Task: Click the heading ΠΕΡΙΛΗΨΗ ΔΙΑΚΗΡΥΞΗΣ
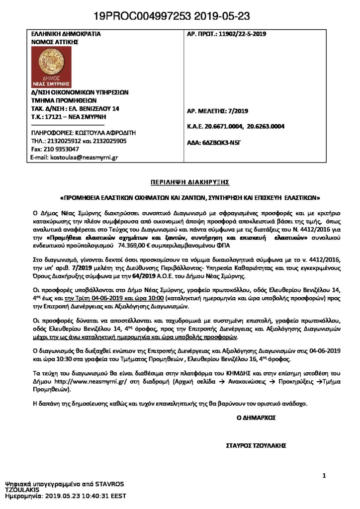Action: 180,182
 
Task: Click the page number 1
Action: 324,476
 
